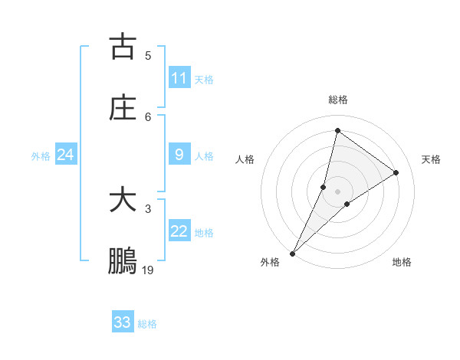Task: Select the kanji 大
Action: [x=123, y=201]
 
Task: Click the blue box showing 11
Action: [x=179, y=78]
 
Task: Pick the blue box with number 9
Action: [x=179, y=155]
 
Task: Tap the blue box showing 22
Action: [x=179, y=231]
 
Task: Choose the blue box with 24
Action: [x=65, y=155]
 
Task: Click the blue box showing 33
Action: [x=123, y=322]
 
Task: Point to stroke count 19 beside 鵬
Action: [x=148, y=270]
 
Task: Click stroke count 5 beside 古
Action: [x=148, y=55]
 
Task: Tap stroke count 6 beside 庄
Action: [x=148, y=116]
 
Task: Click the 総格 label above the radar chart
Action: [x=338, y=100]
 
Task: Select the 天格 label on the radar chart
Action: [x=431, y=159]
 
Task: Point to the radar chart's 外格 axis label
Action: [x=270, y=262]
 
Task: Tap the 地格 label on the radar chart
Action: [x=402, y=262]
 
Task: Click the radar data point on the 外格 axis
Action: [x=293, y=253]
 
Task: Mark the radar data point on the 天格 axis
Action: [x=396, y=172]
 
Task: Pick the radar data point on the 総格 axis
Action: [x=337, y=130]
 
